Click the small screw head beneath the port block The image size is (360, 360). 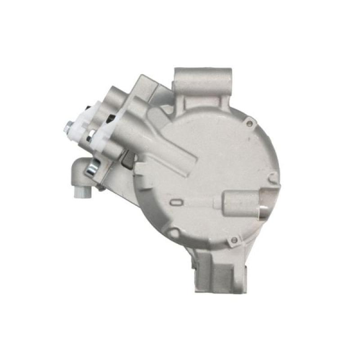point(102,189)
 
